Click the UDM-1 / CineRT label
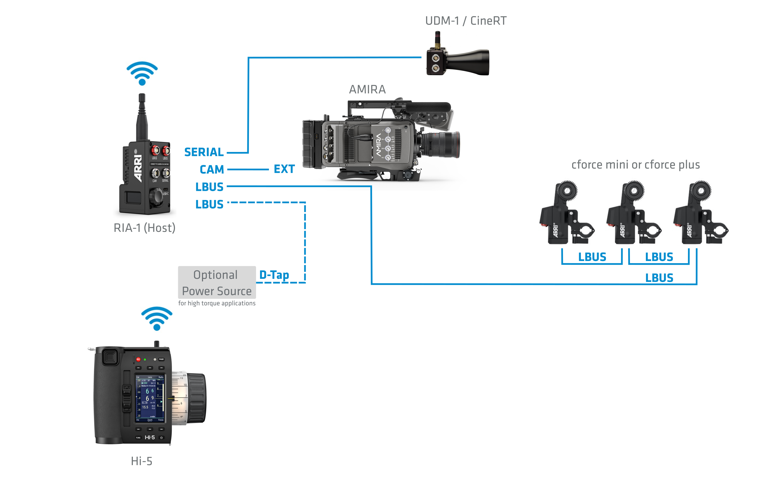(465, 21)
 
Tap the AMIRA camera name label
(367, 89)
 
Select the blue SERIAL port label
(204, 152)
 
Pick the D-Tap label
(274, 275)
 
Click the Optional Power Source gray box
(217, 282)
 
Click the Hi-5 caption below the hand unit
(141, 461)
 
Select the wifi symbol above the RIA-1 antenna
(142, 73)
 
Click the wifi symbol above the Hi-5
(157, 318)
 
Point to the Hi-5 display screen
(150, 398)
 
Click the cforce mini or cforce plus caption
(635, 165)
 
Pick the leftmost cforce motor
(566, 214)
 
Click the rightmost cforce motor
(700, 214)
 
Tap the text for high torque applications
(217, 303)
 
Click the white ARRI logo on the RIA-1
(138, 168)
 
